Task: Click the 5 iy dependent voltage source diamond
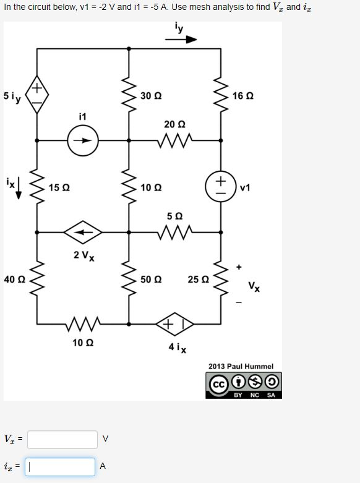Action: tap(37, 96)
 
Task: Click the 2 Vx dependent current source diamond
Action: tap(83, 232)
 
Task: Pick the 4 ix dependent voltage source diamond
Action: tap(174, 323)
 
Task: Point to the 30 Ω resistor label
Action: tap(150, 96)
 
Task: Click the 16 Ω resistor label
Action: tap(243, 96)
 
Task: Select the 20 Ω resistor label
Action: tap(174, 124)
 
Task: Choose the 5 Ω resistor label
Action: tap(174, 216)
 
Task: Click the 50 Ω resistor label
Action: tap(150, 280)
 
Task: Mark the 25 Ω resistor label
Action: tap(198, 280)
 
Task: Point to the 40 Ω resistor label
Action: tap(14, 280)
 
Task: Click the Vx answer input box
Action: tap(62, 439)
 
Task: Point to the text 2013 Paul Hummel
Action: tap(241, 366)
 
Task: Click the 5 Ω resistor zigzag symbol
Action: tap(174, 232)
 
